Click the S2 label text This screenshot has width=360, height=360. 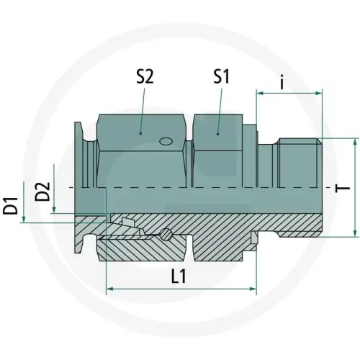tap(144, 78)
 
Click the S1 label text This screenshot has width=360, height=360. tap(222, 76)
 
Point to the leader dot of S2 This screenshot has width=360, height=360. tap(140, 133)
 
